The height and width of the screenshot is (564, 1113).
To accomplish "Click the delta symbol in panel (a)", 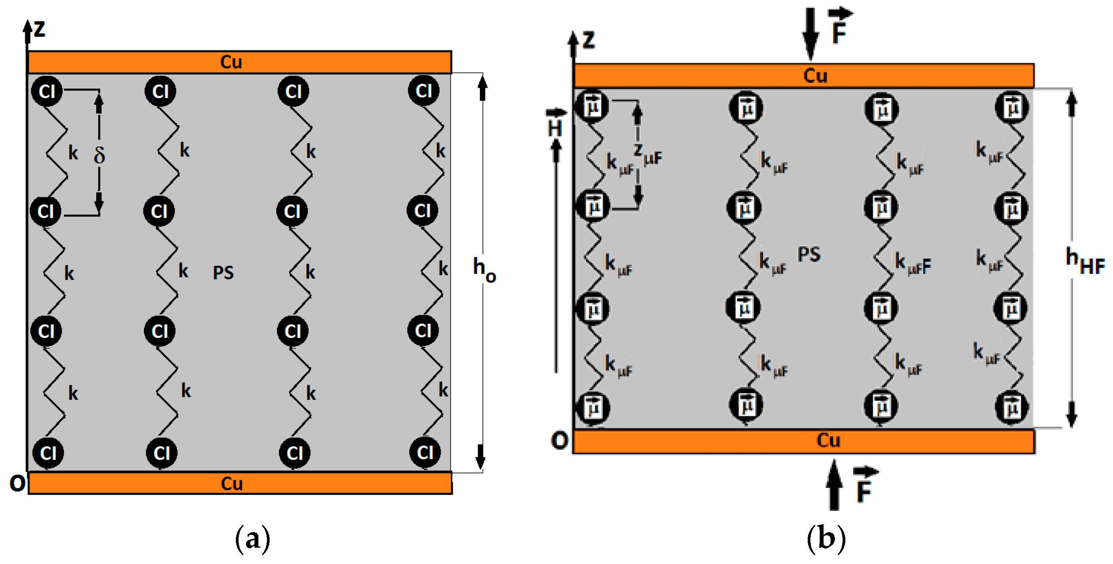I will (x=99, y=155).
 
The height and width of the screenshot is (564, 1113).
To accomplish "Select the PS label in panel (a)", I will (x=223, y=273).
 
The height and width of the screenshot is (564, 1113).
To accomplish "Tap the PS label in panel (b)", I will (x=809, y=255).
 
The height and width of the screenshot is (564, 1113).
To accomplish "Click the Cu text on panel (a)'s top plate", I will (x=231, y=62).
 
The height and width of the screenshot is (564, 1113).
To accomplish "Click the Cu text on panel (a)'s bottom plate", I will (x=232, y=484).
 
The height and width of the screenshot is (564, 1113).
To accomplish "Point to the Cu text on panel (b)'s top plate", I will (x=815, y=76).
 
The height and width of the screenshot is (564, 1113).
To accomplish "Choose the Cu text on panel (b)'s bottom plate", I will (x=828, y=441).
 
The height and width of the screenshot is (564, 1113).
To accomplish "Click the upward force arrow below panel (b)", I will (x=834, y=486).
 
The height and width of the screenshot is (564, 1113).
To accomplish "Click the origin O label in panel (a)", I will (x=17, y=484).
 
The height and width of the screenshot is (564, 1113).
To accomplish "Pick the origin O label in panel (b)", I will (x=559, y=441).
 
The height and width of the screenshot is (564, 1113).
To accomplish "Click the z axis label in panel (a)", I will (x=39, y=29).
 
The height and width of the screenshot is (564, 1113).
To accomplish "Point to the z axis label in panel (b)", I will (x=589, y=40).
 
